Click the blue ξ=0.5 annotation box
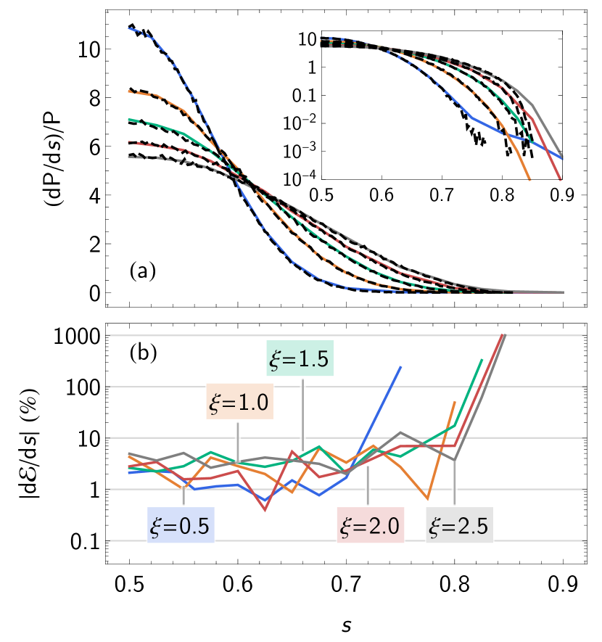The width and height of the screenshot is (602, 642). click(181, 526)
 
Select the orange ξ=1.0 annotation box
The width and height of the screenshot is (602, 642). click(239, 401)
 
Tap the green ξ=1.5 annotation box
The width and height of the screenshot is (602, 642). click(300, 358)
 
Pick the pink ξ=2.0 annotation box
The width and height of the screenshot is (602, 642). click(370, 526)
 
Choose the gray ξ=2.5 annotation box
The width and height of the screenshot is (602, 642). click(460, 526)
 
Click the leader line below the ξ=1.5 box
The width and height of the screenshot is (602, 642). click(302, 413)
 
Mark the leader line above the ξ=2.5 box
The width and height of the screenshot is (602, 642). click(454, 482)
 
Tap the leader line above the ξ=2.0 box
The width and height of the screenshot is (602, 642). click(368, 486)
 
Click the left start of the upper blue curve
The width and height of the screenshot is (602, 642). click(129, 28)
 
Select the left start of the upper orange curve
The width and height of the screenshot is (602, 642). click(129, 91)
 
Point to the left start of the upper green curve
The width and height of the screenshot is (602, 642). click(129, 119)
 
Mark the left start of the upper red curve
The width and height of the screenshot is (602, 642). click(129, 142)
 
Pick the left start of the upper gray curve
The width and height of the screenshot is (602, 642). click(129, 157)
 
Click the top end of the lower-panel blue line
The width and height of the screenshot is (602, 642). click(401, 366)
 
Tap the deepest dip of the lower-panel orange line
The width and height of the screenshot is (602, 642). click(428, 500)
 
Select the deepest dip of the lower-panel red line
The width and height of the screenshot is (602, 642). click(265, 510)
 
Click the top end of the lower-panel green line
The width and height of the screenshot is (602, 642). click(482, 359)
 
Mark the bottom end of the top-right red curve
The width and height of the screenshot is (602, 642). click(560, 178)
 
